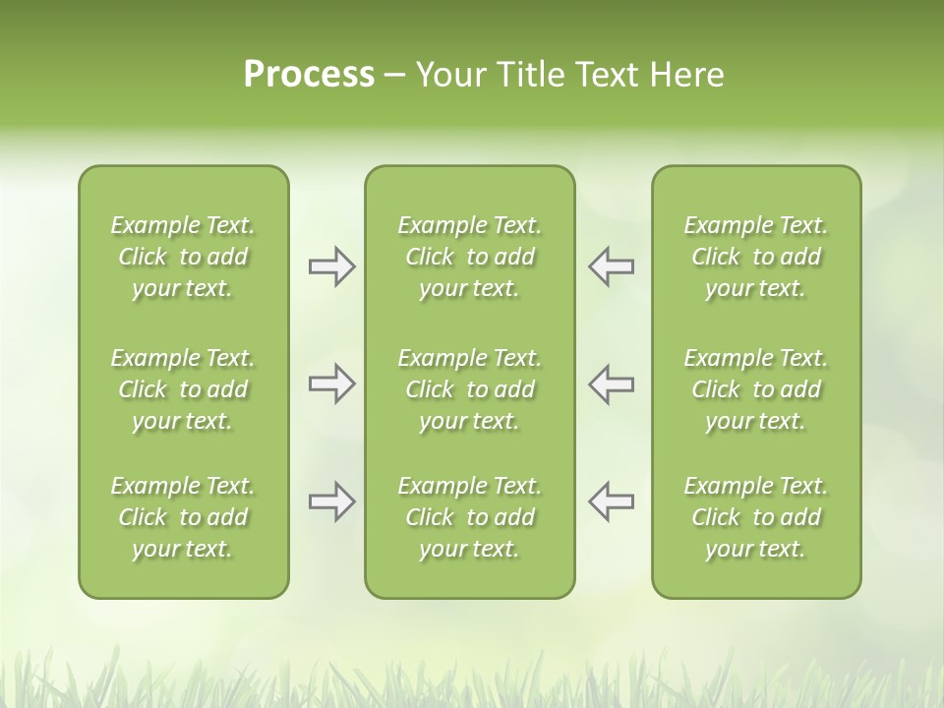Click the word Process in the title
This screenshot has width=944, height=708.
[x=309, y=74]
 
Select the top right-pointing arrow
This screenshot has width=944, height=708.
[x=331, y=266]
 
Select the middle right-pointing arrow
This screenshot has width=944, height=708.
[x=331, y=384]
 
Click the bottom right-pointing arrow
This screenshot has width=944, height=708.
[x=331, y=501]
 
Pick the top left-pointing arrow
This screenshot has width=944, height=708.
[x=612, y=266]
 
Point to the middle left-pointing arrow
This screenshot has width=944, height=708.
[x=612, y=384]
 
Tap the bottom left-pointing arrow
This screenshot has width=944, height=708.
[x=612, y=501]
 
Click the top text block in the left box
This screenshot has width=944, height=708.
[x=183, y=257]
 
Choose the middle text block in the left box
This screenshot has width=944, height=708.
[x=183, y=389]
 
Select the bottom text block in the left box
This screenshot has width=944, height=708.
[x=183, y=517]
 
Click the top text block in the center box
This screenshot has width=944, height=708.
[x=470, y=257]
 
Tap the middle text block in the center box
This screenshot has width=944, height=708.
[x=470, y=389]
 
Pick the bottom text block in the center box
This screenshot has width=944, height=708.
[x=470, y=517]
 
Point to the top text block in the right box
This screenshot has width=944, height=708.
[x=756, y=257]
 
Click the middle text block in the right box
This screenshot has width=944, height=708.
[x=756, y=389]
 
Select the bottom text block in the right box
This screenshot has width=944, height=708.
[x=756, y=517]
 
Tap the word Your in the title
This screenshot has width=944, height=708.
[x=449, y=74]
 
